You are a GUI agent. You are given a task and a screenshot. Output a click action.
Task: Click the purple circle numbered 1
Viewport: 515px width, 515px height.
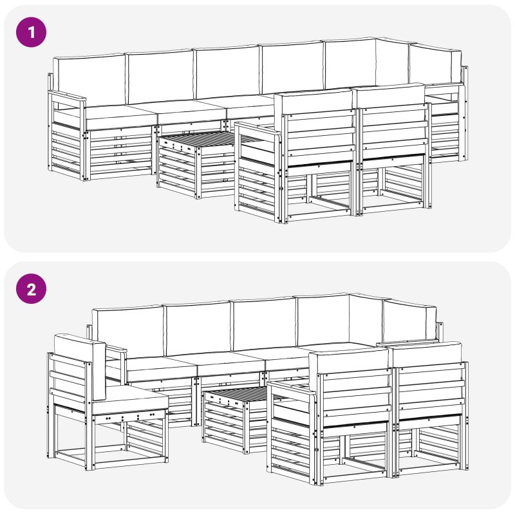(x=31, y=32)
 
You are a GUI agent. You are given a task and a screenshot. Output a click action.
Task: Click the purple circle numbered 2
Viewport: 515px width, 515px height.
(x=31, y=289)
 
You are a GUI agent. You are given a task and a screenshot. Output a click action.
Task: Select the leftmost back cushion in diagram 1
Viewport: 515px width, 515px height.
(x=89, y=80)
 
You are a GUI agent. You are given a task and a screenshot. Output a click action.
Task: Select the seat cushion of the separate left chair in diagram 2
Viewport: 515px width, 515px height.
(x=131, y=400)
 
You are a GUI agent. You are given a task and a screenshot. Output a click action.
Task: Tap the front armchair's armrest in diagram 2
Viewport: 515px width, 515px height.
(x=292, y=389)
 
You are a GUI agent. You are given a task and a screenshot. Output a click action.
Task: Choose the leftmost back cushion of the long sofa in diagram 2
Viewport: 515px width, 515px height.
(x=128, y=331)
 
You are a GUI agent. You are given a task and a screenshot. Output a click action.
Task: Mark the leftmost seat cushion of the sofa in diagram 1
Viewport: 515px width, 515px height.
(x=120, y=116)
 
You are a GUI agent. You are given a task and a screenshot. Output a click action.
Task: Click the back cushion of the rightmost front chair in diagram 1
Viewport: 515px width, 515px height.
(x=390, y=95)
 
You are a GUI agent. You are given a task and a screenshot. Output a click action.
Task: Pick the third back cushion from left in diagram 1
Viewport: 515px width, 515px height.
(x=227, y=71)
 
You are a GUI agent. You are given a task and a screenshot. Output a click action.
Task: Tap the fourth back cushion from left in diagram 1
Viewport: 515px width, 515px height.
(x=292, y=68)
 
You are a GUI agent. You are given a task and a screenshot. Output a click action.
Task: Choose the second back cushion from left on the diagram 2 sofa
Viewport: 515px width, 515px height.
(x=198, y=328)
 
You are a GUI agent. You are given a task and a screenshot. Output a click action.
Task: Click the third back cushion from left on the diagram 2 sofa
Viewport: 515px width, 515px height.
(x=264, y=324)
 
